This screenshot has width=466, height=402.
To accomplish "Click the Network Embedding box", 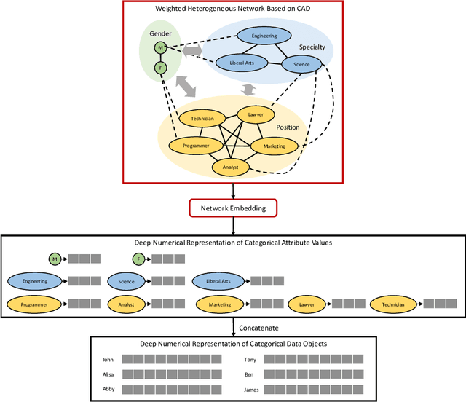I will [x=233, y=208].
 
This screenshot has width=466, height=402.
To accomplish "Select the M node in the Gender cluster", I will [x=160, y=47].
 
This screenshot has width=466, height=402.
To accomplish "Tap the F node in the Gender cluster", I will [x=160, y=68].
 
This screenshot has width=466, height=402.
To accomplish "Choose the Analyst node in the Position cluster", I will [x=232, y=167].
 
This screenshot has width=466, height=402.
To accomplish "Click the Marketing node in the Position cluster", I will [x=274, y=146].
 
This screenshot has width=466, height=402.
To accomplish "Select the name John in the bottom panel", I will [x=108, y=359].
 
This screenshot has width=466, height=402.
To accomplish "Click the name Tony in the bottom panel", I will [x=249, y=359].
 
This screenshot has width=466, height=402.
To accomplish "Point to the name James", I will [x=251, y=390].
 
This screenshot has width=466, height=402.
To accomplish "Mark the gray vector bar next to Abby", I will [x=171, y=390].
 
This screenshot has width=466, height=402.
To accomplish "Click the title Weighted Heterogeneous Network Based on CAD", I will [x=232, y=8].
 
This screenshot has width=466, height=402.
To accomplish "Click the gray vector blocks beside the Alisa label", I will [x=171, y=374].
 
